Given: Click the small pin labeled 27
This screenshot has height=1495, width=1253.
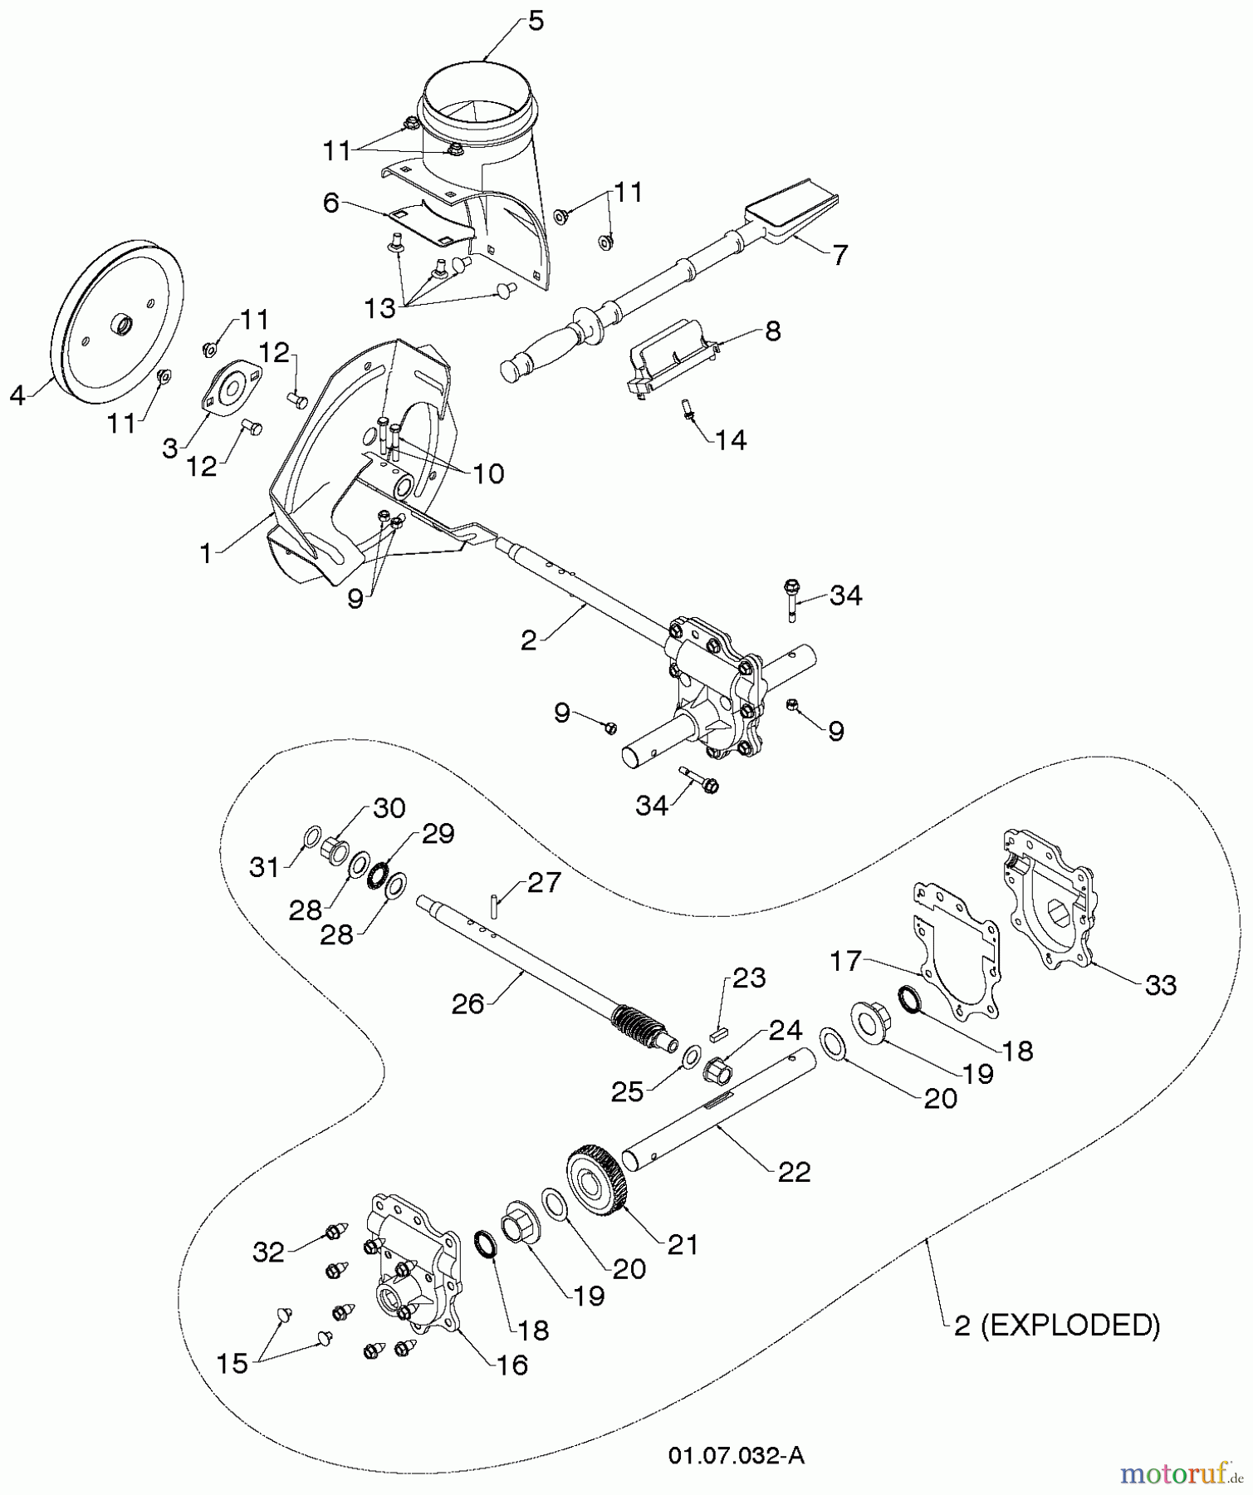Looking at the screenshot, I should point(494,903).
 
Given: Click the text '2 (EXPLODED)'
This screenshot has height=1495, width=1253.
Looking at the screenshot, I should point(1056,1325).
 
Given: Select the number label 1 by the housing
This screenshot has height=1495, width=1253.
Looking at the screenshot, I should point(206,553).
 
